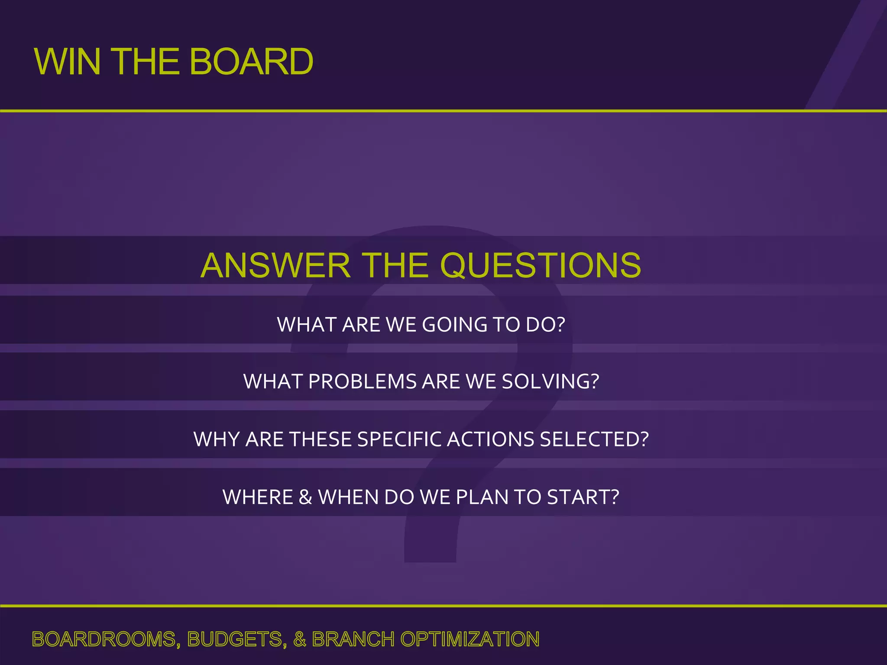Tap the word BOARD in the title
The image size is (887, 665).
(x=251, y=61)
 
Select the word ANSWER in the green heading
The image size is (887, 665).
(x=275, y=265)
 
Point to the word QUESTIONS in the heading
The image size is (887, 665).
(x=541, y=265)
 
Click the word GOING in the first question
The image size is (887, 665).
(x=454, y=325)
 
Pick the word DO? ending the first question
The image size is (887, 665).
(x=545, y=325)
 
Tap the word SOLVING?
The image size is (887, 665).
(x=550, y=381)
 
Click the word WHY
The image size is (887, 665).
(x=217, y=439)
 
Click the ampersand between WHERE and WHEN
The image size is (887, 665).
(x=305, y=497)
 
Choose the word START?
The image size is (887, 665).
(x=583, y=497)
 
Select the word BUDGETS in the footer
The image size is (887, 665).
(x=236, y=639)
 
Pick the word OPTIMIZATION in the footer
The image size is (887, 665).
(x=469, y=639)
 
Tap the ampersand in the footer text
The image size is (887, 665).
(x=300, y=639)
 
